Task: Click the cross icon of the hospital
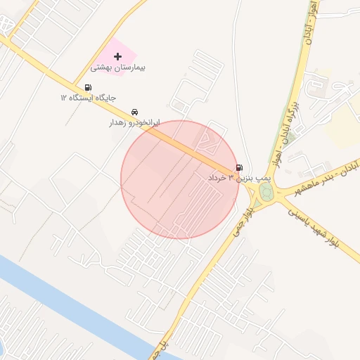click(x=117, y=56)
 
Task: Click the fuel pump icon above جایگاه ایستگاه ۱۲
click(x=87, y=87)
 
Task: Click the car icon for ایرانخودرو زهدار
click(x=134, y=112)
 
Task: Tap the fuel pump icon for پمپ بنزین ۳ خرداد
click(x=240, y=167)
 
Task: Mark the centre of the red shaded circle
click(x=180, y=179)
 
